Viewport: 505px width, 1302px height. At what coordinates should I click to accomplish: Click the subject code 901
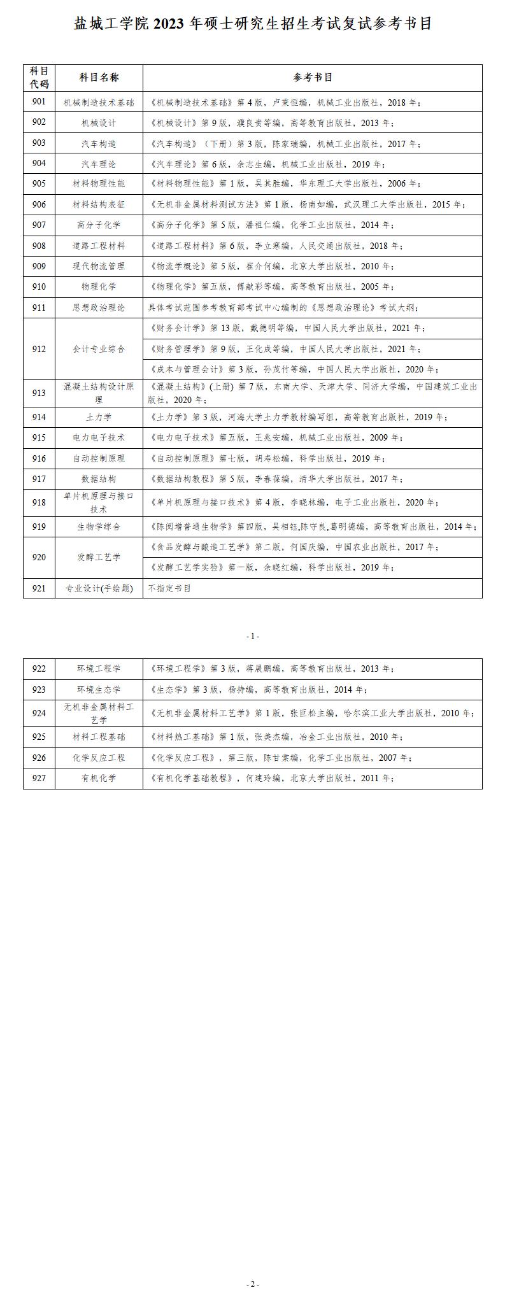[x=39, y=102]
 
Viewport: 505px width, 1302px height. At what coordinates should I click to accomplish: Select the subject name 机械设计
[x=99, y=122]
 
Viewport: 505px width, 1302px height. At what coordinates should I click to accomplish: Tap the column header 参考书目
[x=313, y=78]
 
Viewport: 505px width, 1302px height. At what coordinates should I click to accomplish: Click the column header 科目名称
[x=99, y=78]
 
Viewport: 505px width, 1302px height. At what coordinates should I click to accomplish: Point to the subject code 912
[x=39, y=349]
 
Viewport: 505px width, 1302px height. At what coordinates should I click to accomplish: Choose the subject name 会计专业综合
[x=99, y=349]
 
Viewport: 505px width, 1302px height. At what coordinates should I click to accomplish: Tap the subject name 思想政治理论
[x=99, y=308]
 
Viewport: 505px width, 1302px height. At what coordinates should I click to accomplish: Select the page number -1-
[x=253, y=636]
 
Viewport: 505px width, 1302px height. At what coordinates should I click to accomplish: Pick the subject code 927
[x=39, y=778]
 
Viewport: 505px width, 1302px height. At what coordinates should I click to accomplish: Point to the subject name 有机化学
[x=99, y=778]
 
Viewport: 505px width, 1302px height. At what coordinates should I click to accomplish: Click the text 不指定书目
[x=169, y=588]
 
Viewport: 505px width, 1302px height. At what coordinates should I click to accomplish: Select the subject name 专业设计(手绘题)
[x=99, y=588]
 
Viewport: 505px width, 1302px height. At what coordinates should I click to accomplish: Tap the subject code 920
[x=39, y=557]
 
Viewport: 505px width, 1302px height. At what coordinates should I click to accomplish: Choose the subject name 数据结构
[x=99, y=479]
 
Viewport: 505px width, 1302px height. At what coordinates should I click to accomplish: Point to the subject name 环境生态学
[x=99, y=690]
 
